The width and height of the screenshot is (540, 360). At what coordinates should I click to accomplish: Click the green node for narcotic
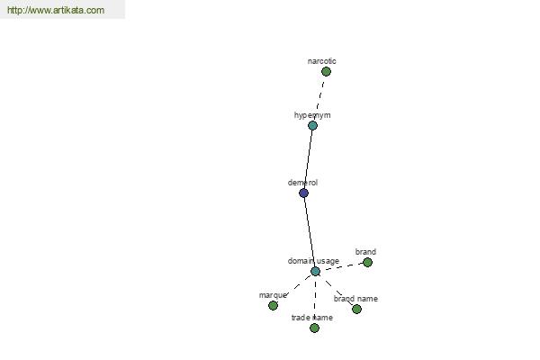[x=326, y=72]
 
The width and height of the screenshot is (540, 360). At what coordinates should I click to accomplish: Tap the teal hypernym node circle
[x=312, y=125]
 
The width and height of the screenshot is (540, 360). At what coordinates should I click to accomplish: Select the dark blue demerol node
[x=303, y=193]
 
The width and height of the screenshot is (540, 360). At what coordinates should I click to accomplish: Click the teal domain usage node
[x=316, y=272]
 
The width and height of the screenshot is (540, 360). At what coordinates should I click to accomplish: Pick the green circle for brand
[x=367, y=263]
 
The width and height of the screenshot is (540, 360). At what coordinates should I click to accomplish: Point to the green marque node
[x=273, y=306]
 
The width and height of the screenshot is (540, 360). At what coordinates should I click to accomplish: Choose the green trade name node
[x=314, y=328]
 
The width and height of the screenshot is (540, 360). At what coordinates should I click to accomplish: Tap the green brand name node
[x=356, y=309]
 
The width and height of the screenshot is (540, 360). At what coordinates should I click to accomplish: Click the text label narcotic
[x=321, y=61]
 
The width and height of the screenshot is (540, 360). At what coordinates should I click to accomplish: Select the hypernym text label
[x=312, y=115]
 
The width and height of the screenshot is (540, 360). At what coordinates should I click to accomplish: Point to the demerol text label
[x=302, y=183]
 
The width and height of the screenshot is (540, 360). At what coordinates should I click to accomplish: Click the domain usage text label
[x=313, y=261]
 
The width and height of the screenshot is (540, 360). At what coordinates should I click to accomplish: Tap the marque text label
[x=273, y=295]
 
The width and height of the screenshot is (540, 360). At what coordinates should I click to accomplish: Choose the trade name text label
[x=312, y=318]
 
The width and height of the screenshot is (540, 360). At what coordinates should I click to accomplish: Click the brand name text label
[x=355, y=299]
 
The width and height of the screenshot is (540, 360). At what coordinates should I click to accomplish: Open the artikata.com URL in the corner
[x=56, y=10]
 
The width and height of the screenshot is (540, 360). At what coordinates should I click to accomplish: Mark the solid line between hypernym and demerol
[x=308, y=159]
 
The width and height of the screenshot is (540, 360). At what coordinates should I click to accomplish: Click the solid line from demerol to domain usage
[x=310, y=232]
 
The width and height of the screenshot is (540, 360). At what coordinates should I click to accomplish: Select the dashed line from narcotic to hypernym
[x=319, y=97]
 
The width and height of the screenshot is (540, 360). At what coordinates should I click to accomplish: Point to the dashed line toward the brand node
[x=342, y=267]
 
